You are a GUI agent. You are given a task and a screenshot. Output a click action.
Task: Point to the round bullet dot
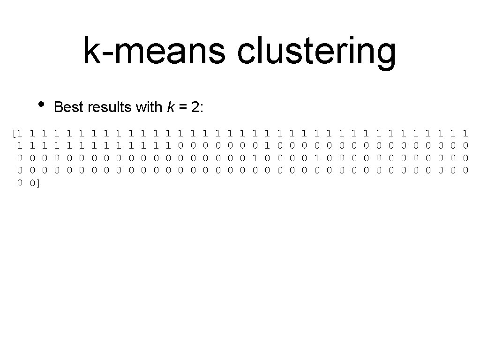[41, 104]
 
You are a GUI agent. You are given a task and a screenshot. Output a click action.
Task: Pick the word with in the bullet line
[149, 107]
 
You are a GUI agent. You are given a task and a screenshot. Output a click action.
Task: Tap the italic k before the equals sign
[171, 107]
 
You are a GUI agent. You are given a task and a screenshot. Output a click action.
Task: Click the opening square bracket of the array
[15, 133]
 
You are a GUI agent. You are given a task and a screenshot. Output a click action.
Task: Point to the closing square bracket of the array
[38, 183]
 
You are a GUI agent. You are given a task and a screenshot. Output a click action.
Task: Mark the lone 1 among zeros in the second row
[267, 145]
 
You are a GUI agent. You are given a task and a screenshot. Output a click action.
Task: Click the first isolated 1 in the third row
[255, 158]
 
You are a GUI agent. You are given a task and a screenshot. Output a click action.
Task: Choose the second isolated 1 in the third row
[316, 158]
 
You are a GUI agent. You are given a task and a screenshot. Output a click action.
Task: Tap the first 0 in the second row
[180, 145]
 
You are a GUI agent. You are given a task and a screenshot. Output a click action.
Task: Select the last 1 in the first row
[465, 133]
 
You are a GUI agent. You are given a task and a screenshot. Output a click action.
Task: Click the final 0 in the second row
[465, 145]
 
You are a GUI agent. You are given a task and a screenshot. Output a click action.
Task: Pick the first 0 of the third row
[20, 158]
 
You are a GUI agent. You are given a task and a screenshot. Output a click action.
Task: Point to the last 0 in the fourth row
[465, 170]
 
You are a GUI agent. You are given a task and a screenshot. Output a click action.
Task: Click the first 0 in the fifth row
[20, 183]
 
